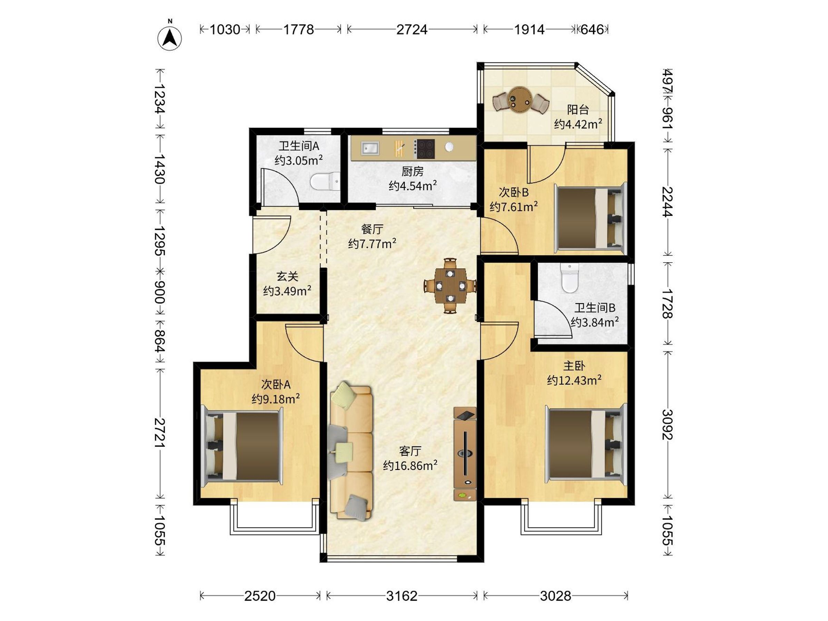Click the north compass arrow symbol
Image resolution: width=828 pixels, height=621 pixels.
[170, 38]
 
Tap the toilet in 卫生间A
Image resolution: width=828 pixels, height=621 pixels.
[325, 182]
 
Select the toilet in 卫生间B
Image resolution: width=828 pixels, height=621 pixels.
[570, 278]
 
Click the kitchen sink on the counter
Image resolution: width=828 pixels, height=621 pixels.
[370, 148]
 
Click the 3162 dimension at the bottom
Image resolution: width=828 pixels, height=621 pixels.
[402, 595]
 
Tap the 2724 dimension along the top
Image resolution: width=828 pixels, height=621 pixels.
[412, 29]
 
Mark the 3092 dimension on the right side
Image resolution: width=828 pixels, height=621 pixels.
[668, 424]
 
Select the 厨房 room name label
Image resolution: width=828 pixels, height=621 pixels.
[413, 171]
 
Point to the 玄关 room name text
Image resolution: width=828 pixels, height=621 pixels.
[287, 277]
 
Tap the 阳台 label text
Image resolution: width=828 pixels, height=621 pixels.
[578, 109]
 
